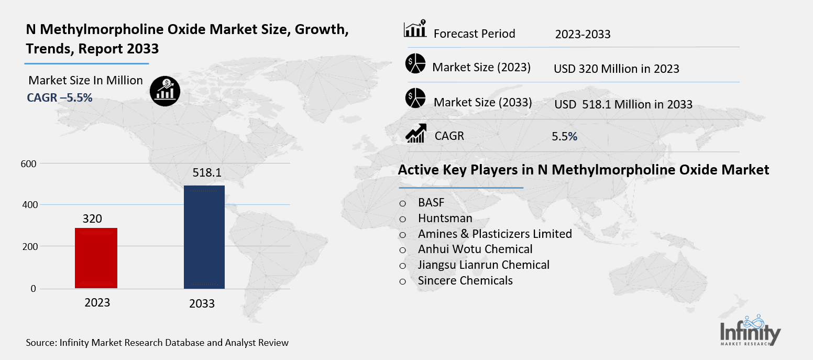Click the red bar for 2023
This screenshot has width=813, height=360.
96,258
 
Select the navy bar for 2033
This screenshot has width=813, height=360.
204,237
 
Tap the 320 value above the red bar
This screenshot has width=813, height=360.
92,219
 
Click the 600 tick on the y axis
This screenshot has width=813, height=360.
29,163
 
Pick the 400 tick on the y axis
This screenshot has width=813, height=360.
29,205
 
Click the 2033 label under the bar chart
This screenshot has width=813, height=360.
202,304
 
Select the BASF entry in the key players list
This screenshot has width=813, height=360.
431,203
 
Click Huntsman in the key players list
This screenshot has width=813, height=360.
445,218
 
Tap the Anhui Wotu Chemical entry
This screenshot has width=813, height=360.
475,249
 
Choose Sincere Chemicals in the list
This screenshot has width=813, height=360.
465,280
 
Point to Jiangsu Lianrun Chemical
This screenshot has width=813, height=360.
484,265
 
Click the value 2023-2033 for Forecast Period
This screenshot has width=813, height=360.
583,35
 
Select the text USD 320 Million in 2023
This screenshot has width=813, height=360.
616,69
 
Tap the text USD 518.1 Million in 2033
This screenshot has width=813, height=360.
623,104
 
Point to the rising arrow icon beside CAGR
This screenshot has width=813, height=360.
416,135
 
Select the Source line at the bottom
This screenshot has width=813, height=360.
157,343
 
